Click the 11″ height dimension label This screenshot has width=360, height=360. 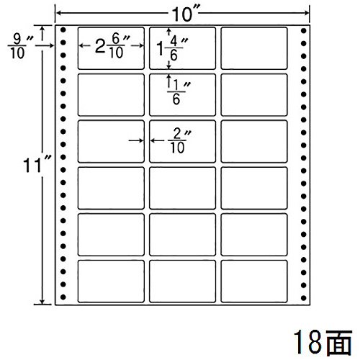(37, 164)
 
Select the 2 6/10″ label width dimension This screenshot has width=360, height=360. (112, 46)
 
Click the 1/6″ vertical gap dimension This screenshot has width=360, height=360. (179, 92)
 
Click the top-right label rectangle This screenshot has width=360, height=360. (254, 48)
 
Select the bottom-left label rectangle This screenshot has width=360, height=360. (111, 281)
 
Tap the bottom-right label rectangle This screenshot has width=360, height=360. (254, 281)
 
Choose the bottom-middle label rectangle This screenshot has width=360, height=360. (182, 281)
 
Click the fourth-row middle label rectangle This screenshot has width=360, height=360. (182, 188)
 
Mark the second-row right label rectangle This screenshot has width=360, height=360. (254, 95)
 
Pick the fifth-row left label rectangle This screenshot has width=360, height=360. (111, 235)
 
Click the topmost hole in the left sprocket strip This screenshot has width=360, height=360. (63, 30)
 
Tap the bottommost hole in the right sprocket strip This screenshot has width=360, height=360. (304, 298)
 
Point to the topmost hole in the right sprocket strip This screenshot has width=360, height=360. (304, 31)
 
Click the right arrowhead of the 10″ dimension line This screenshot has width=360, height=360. (307, 13)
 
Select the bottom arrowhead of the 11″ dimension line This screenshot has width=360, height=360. (42, 302)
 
